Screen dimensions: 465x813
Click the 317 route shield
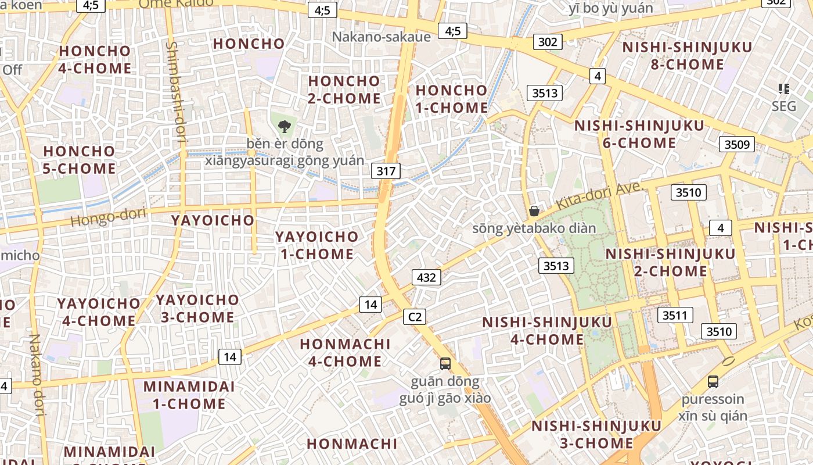click(386, 171)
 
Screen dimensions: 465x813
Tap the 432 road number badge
click(426, 277)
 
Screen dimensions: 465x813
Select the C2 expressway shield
click(415, 317)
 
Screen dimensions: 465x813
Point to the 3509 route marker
click(736, 144)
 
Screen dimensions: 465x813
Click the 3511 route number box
click(675, 315)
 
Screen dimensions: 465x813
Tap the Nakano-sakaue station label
click(381, 37)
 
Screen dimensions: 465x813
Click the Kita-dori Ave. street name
click(598, 196)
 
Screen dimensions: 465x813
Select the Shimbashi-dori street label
click(175, 91)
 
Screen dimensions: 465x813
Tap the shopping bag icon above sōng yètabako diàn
click(534, 211)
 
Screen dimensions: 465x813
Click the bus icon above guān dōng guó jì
click(445, 364)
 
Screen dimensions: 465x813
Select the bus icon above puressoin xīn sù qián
click(713, 382)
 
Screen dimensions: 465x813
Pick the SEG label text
click(784, 106)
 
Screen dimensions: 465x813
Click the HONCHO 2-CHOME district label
click(344, 90)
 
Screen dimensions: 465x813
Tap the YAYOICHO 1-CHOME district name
click(316, 245)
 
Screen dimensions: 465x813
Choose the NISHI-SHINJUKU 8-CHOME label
click(687, 55)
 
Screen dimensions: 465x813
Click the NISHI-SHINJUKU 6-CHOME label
click(639, 134)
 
